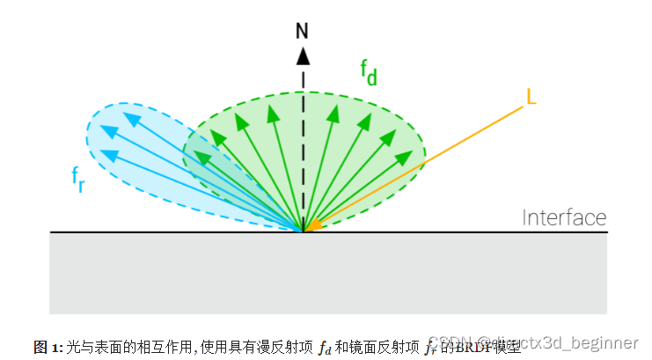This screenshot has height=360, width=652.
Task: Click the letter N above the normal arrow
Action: click(303, 31)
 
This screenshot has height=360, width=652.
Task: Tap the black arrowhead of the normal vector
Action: click(303, 55)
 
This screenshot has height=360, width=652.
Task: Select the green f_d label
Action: click(369, 72)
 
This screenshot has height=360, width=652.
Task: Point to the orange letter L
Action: click(531, 95)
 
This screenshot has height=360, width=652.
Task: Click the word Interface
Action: click(564, 217)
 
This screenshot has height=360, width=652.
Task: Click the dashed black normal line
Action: click(303, 141)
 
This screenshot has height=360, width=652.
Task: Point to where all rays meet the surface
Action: click(304, 231)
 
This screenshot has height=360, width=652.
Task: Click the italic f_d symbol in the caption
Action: click(324, 347)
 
